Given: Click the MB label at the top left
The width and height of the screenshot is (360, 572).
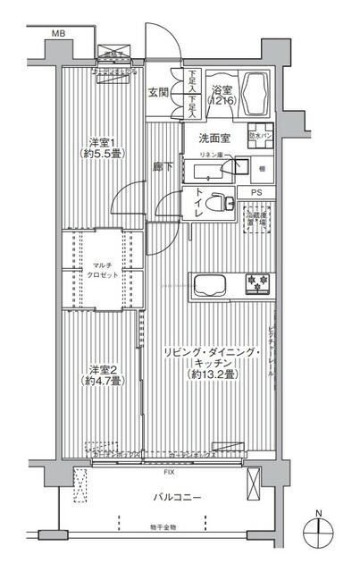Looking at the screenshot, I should point(57,34).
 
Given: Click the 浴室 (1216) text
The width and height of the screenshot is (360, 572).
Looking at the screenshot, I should point(222,97).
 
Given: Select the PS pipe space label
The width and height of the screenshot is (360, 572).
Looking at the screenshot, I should point(256,193).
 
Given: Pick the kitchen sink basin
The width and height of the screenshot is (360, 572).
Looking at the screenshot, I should point(211,286).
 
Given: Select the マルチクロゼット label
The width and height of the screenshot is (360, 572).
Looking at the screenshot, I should point(99,271).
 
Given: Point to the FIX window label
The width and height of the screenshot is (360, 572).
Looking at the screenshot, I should point(169,471).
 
